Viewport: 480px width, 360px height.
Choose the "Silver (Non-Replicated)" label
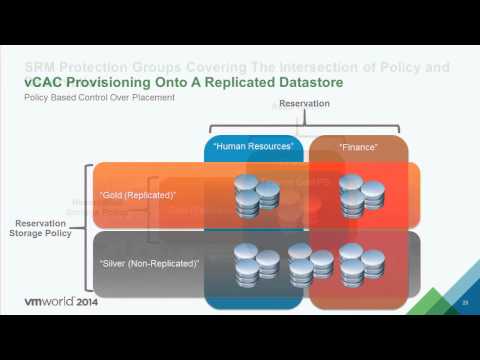point(150,262)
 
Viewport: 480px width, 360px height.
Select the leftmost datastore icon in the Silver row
point(256,263)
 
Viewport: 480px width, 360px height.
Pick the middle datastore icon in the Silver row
point(310,263)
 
